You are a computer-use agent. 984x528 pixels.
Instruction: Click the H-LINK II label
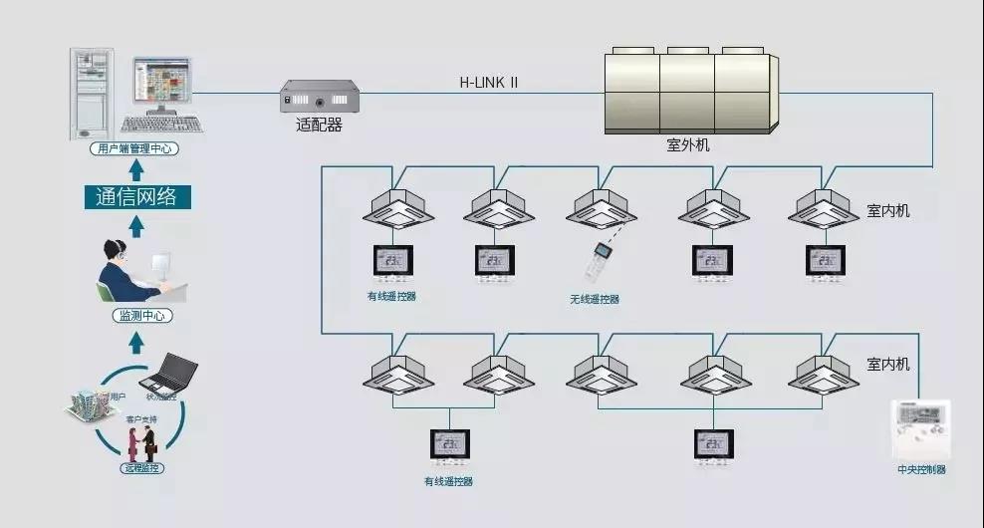pos(488,83)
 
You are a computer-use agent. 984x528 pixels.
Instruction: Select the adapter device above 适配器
pos(319,98)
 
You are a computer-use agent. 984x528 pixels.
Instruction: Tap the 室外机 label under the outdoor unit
pos(687,145)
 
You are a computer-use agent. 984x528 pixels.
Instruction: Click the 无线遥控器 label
pos(595,299)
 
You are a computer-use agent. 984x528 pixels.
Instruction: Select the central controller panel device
pos(920,429)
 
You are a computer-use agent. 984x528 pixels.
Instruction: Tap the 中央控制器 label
pos(921,469)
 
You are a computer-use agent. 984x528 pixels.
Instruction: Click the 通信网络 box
pos(136,197)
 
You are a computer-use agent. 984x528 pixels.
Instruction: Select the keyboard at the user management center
pos(161,125)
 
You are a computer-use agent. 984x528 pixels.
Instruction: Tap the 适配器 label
pos(319,126)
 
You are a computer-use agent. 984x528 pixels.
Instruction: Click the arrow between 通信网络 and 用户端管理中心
pos(136,168)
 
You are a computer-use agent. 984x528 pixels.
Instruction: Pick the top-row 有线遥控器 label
pos(390,296)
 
